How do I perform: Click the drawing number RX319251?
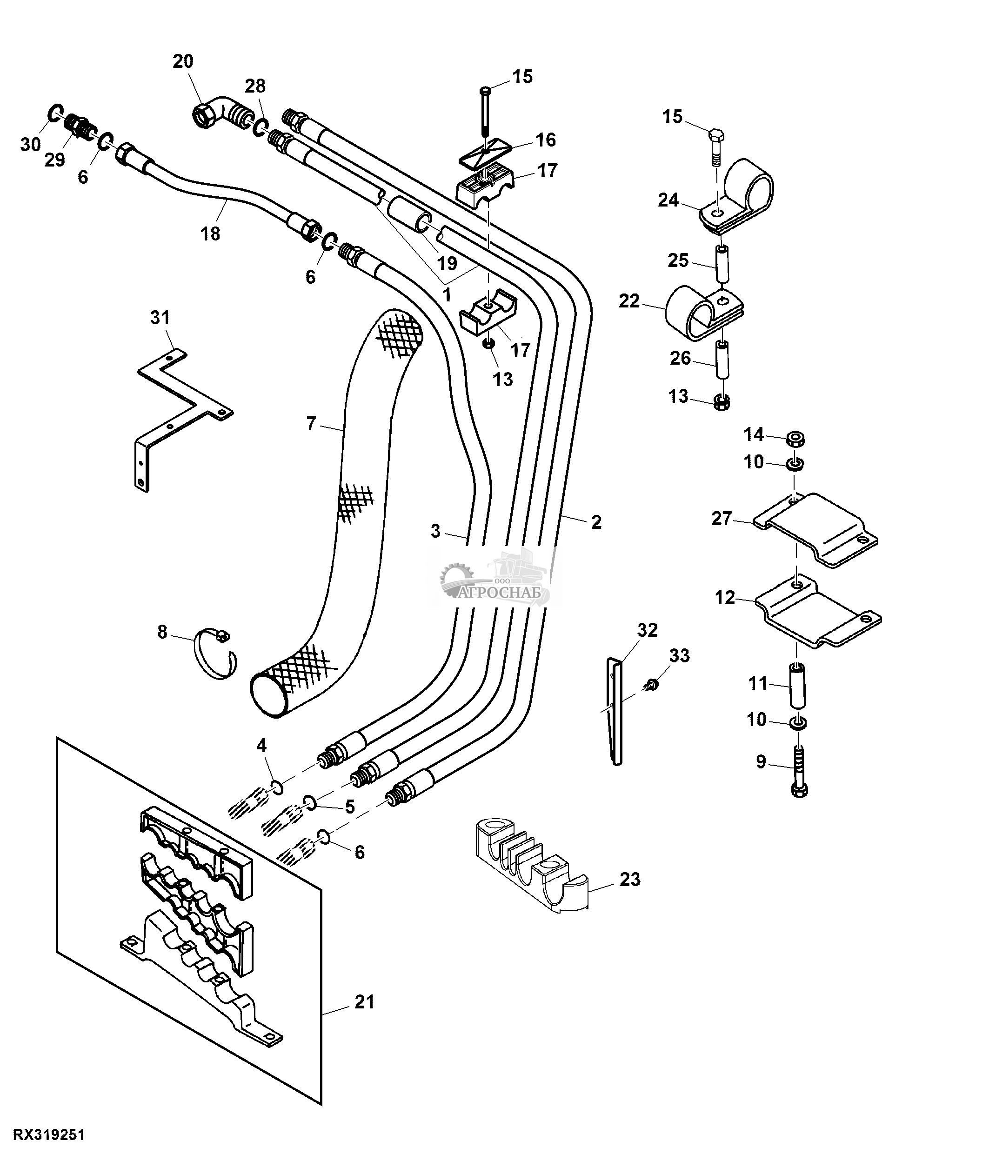48,1134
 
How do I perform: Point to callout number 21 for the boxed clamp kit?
365,1002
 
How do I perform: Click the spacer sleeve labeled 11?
797,686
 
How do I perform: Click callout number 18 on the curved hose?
210,233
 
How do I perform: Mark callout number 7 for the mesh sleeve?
311,424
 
